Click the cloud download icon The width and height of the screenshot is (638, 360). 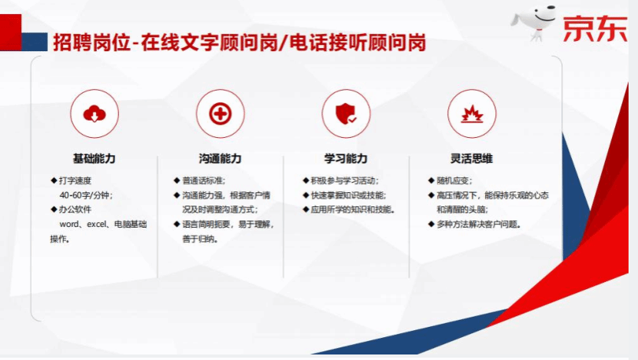[x=95, y=113]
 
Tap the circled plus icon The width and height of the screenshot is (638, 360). [x=220, y=113]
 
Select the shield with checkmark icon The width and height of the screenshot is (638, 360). [x=346, y=113]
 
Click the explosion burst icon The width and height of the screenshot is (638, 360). [x=472, y=114]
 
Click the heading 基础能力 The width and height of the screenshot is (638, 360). [x=94, y=158]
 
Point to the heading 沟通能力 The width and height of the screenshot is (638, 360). [x=220, y=158]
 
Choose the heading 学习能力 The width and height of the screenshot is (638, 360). [x=346, y=158]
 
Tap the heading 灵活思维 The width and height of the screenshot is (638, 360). [x=472, y=158]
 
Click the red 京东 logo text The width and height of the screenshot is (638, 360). [x=595, y=28]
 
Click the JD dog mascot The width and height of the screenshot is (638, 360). [x=533, y=22]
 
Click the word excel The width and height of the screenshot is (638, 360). [x=96, y=225]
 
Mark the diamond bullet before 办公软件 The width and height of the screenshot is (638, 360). [x=54, y=210]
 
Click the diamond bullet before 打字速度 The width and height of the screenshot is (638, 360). [x=54, y=180]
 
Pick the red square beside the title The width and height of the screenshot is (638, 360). [x=10, y=32]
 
